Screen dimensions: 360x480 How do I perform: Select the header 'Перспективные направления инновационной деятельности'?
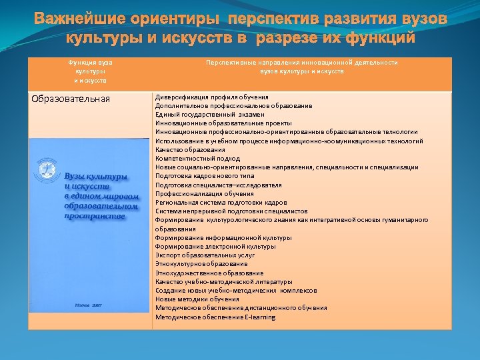[x=301, y=62]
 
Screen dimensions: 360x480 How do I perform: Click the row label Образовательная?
[x=71, y=100]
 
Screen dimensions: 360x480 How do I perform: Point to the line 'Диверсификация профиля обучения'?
[x=211, y=97]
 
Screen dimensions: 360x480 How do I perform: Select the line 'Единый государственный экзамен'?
[x=209, y=115]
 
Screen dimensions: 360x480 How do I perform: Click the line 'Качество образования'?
[x=190, y=150]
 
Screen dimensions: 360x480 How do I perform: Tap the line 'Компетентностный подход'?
[x=197, y=159]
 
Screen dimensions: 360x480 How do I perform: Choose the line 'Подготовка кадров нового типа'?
[x=205, y=176]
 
